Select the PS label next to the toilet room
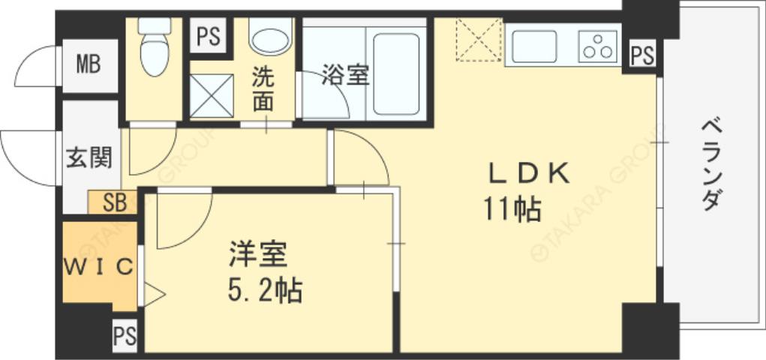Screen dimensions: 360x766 tap(208, 37)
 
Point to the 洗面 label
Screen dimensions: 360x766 tap(262, 88)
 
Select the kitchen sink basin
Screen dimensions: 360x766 tap(532, 46)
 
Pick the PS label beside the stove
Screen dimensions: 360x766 tap(641, 55)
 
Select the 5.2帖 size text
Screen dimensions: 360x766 tap(265, 289)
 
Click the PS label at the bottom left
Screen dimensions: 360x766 tap(125, 336)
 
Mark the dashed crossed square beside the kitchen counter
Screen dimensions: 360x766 tap(478, 39)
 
